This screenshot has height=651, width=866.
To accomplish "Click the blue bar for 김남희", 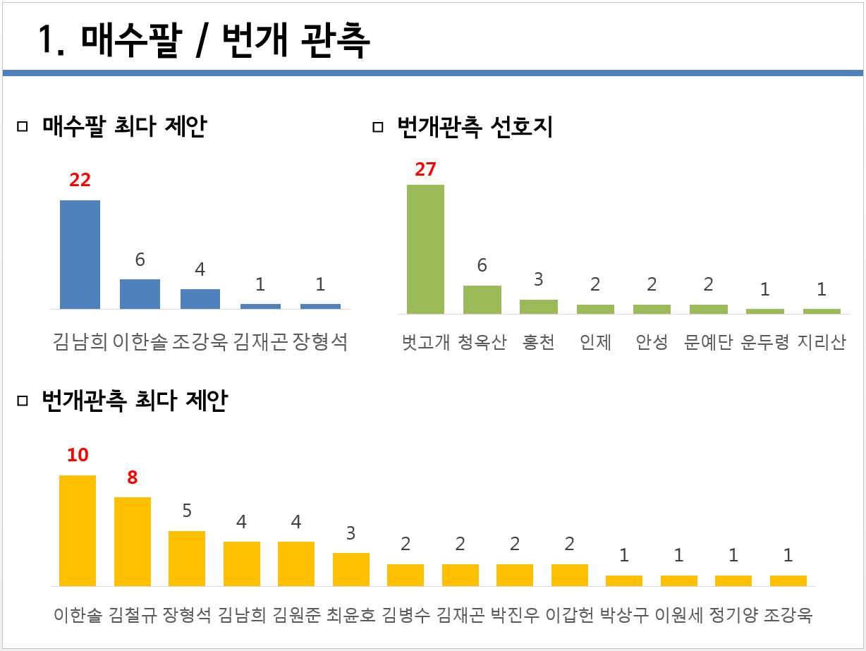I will (x=80, y=255).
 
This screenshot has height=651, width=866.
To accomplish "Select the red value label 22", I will (x=80, y=180).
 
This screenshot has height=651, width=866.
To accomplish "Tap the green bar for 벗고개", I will (x=425, y=249).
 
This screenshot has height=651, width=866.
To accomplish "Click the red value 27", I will (x=425, y=169).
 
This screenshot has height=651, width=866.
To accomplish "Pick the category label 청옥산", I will (x=482, y=343).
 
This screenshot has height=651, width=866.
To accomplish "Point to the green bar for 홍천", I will (x=538, y=306).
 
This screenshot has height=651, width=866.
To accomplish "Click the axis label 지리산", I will (x=822, y=343).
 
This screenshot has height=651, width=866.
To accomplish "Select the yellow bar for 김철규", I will (x=133, y=542).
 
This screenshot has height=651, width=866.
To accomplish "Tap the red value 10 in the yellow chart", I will (x=78, y=455).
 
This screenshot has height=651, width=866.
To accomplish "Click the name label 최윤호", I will (x=351, y=615).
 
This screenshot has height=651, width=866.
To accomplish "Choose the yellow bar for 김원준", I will (x=296, y=564).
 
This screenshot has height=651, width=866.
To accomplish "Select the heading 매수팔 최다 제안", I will (x=124, y=127).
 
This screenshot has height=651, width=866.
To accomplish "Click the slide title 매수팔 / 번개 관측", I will (x=205, y=41).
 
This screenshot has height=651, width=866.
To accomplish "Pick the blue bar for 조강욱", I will (x=200, y=299).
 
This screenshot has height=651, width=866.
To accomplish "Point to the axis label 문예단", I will (x=708, y=343).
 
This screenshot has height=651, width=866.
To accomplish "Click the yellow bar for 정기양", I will (x=733, y=580).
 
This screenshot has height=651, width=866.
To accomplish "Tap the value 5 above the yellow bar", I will (x=187, y=510).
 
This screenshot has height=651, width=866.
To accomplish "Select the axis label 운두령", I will (x=765, y=343).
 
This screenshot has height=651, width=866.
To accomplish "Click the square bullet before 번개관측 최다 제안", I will (x=22, y=401).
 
